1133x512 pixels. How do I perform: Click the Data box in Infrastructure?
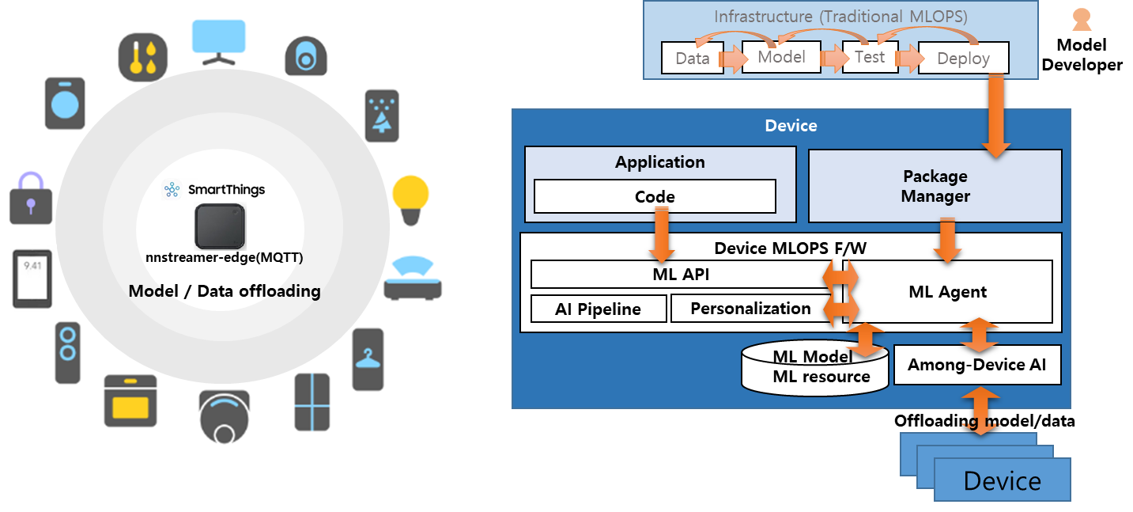tap(692, 59)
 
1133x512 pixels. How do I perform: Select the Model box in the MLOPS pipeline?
tap(781, 57)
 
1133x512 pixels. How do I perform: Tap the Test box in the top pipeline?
tap(870, 57)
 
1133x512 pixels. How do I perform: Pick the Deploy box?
tap(963, 59)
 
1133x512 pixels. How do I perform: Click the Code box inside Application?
tap(655, 197)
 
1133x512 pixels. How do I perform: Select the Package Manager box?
tap(935, 186)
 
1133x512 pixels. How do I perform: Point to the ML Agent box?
tap(947, 291)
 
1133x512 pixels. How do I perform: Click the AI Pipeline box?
tap(598, 309)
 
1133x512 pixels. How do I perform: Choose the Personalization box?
tap(750, 309)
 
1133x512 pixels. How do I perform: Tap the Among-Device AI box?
tap(976, 365)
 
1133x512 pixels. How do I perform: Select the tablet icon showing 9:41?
tap(32, 278)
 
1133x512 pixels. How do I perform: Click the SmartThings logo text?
tap(225, 190)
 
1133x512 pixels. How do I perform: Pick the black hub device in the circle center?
tap(220, 226)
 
